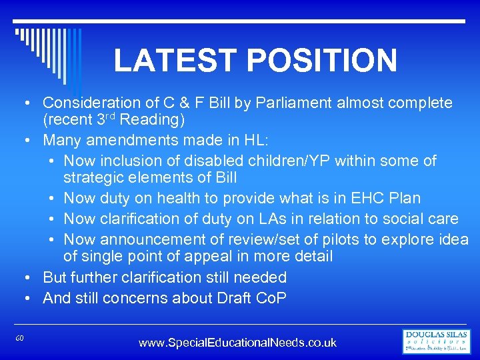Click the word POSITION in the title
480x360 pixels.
322,60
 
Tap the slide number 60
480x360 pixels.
21,339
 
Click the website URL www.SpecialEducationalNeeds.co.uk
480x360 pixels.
237,343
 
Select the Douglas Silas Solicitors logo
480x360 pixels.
437,341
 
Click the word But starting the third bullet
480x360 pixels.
55,277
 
